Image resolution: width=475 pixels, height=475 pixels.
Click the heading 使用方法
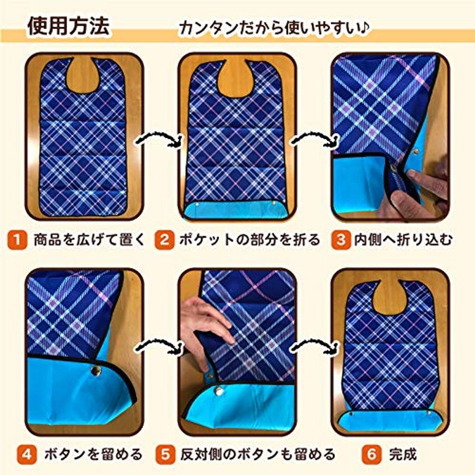coord(68,26)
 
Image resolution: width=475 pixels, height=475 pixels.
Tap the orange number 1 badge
coord(17,240)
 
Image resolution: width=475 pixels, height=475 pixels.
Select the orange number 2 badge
coord(164,240)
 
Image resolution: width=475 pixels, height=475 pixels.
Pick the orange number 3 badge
coord(340,240)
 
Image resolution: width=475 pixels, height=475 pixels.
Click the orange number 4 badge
coord(27,454)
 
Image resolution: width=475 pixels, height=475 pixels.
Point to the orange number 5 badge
coord(166,454)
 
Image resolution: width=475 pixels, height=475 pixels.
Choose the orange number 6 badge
coord(372,454)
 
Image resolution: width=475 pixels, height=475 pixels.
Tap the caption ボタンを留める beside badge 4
coord(93,454)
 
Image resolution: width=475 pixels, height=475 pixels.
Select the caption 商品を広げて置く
coord(90,240)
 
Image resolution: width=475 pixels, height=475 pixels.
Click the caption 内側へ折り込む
coord(404,240)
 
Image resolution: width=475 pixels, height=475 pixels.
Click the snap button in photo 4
coord(96,370)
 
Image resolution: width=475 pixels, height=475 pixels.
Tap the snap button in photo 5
coord(218,392)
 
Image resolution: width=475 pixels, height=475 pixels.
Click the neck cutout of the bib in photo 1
coord(83,75)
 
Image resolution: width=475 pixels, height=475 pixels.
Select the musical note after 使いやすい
coord(365,27)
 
